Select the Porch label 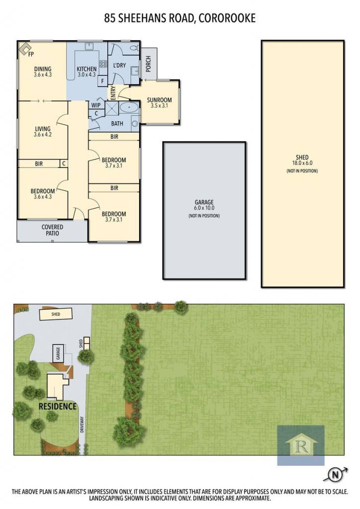[148, 64]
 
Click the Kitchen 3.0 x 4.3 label [87, 72]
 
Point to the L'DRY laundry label [119, 65]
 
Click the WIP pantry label [96, 105]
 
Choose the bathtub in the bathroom [129, 107]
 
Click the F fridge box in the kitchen [103, 81]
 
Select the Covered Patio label [52, 230]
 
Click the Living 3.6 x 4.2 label [43, 131]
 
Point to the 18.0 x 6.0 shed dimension [302, 163]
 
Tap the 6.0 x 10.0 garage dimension [204, 208]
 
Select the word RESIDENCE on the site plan [58, 407]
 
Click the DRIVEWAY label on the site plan [82, 424]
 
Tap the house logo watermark [301, 445]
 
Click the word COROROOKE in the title [227, 18]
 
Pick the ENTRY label [113, 93]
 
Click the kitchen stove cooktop [103, 64]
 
